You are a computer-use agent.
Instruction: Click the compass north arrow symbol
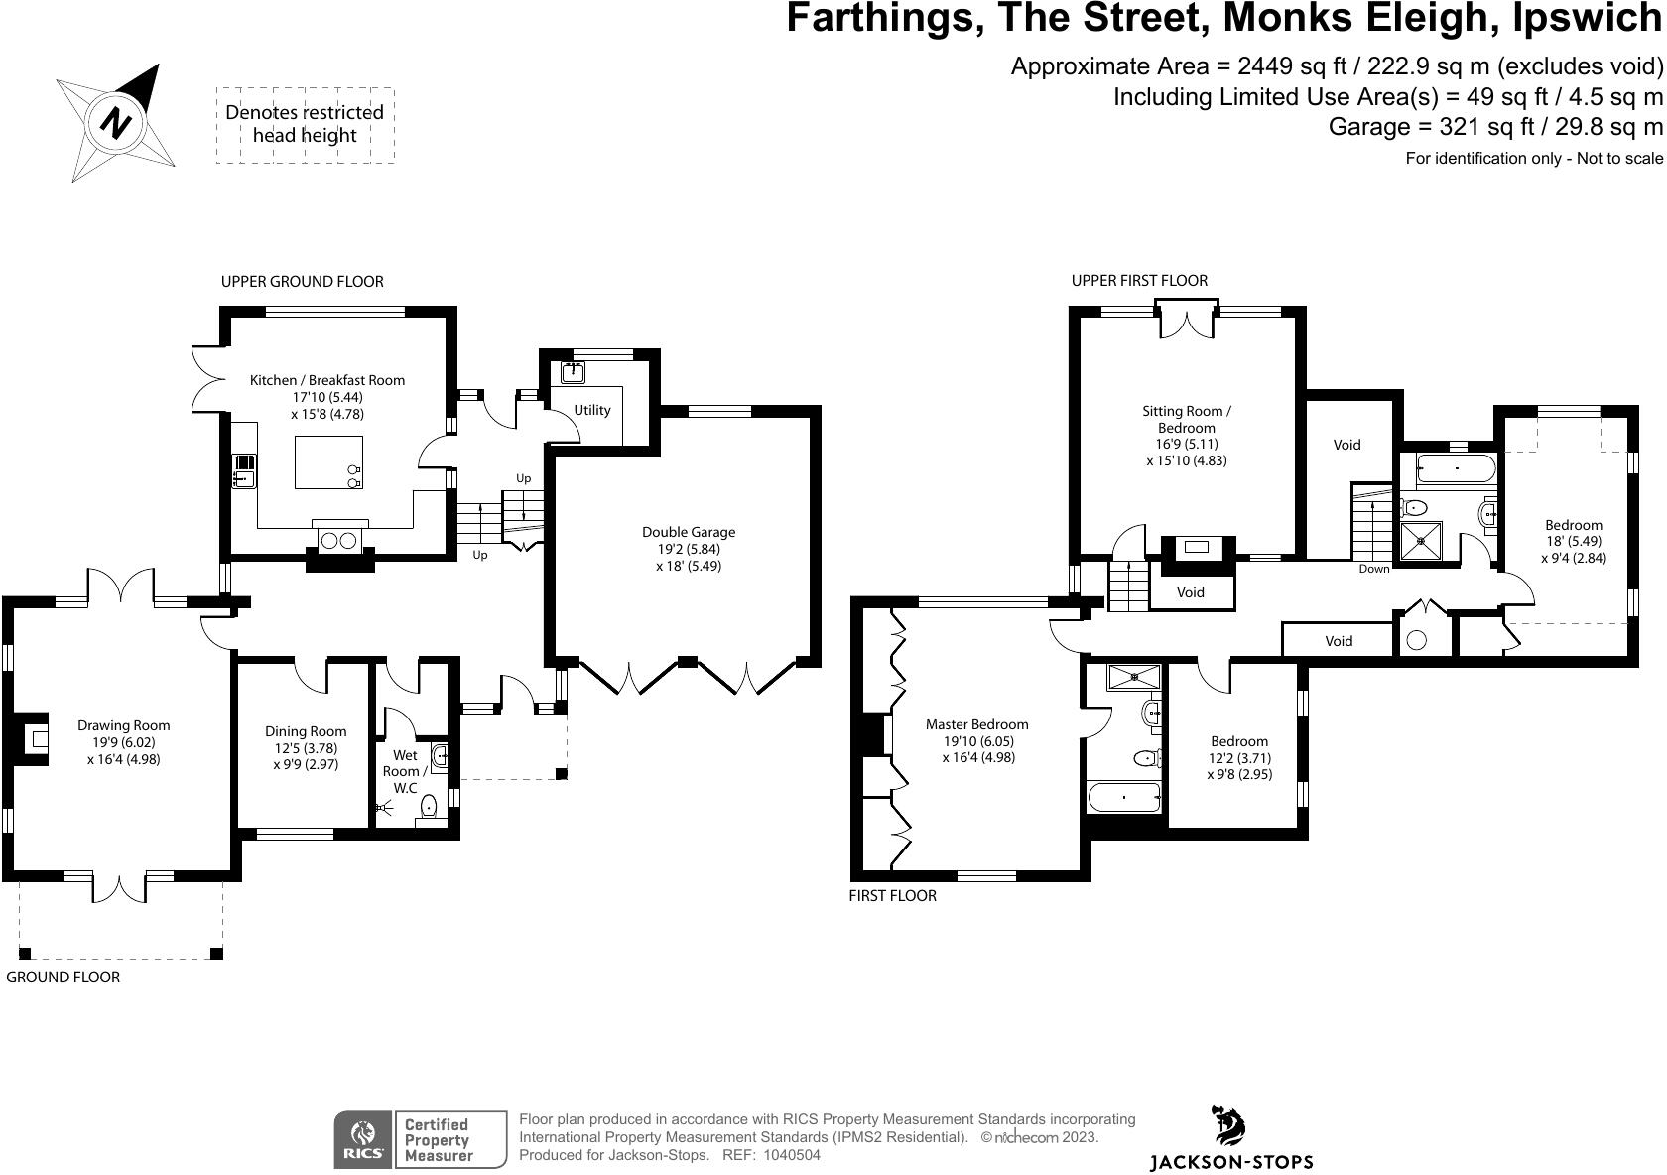click(x=117, y=122)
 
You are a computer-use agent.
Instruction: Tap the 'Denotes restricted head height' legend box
click(x=305, y=124)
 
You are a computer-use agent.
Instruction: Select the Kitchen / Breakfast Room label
click(x=327, y=380)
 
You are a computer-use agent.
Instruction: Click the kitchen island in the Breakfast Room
click(x=328, y=461)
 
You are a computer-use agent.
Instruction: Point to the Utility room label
click(x=592, y=410)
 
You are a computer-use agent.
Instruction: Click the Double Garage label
click(x=689, y=532)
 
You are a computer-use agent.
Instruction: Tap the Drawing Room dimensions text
click(x=124, y=751)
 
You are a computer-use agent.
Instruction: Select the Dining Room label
click(x=306, y=731)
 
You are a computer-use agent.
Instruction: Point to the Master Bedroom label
click(x=977, y=724)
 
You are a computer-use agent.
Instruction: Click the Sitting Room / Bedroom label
click(x=1187, y=419)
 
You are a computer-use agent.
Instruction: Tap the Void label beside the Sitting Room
click(x=1346, y=445)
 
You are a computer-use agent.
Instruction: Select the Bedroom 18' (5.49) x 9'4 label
click(x=1574, y=541)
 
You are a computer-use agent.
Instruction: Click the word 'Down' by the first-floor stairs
click(x=1374, y=569)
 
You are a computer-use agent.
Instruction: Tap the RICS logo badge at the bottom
click(x=363, y=1139)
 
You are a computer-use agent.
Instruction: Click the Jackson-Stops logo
click(x=1230, y=1139)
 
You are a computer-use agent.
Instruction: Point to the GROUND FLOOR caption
click(x=64, y=978)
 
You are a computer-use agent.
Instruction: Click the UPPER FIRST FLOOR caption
click(x=1139, y=281)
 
